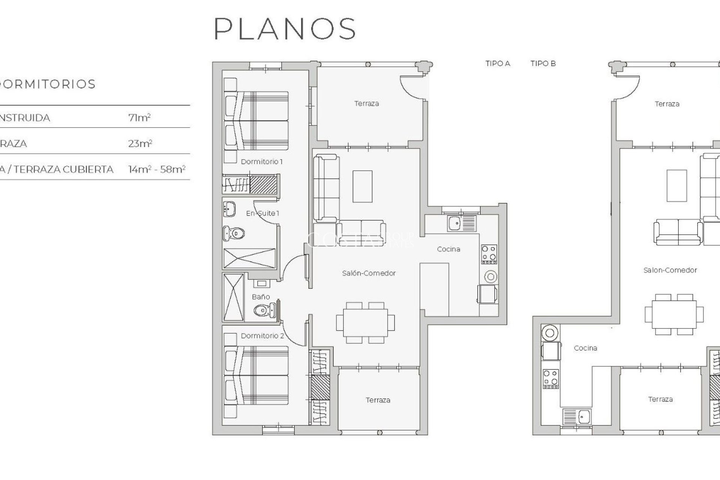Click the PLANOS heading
click(x=285, y=29)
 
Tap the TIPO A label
click(x=498, y=63)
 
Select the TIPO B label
click(x=543, y=63)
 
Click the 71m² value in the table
click(x=139, y=118)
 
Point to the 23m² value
click(x=140, y=144)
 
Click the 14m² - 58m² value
click(x=157, y=169)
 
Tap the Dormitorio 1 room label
click(x=261, y=162)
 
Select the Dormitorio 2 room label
click(x=262, y=336)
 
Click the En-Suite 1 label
click(x=262, y=213)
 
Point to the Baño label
click(x=261, y=297)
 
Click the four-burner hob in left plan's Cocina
click(x=489, y=253)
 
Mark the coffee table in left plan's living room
click(x=362, y=186)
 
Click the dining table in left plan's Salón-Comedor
click(x=365, y=322)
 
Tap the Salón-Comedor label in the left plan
click(x=369, y=273)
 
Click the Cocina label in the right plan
click(x=585, y=348)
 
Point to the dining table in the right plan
click(x=674, y=314)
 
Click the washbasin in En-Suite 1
click(x=229, y=209)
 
